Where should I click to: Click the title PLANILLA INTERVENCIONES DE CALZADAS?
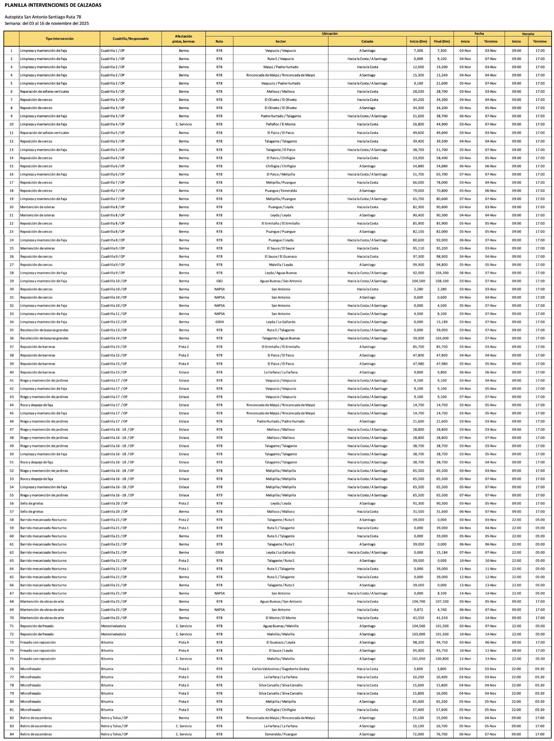53,5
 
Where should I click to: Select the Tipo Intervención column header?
60,39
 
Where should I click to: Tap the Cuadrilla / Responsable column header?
131,39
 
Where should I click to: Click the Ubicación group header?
330,34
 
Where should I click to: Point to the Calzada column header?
367,42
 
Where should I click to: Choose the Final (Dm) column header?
442,42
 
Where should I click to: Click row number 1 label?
12,51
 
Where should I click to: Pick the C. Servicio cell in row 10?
184,124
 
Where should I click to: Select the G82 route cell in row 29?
219,281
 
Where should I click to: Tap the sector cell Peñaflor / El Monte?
281,124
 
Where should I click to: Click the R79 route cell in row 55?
219,495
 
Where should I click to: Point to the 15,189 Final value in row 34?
442,322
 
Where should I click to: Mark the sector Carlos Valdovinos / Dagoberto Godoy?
281,669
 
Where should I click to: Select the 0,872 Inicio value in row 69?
418,610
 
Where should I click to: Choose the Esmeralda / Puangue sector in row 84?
281,734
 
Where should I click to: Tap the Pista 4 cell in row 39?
184,364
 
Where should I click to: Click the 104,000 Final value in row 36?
442,338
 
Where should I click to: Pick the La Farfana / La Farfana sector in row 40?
281,372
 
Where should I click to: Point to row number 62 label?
12,552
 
